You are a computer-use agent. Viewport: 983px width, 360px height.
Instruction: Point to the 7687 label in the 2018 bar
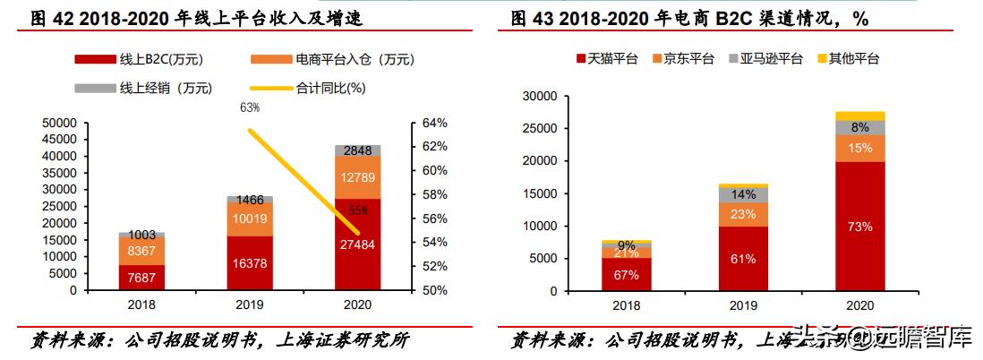coord(141,279)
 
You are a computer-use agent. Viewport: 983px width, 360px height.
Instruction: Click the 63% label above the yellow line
coord(250,107)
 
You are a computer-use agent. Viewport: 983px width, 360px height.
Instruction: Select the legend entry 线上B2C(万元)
coord(150,59)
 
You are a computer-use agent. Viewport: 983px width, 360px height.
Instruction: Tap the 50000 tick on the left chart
coord(59,123)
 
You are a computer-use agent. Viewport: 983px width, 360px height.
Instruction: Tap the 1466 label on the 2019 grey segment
coord(249,201)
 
